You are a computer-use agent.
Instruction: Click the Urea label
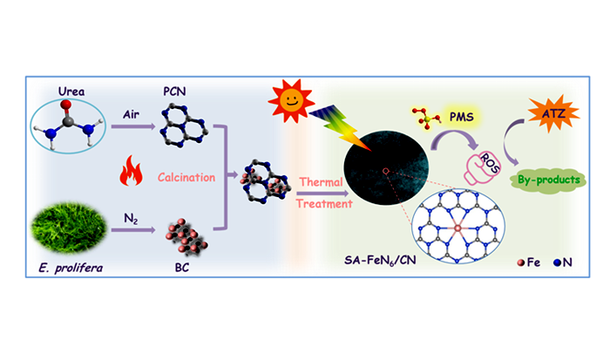pos(71,92)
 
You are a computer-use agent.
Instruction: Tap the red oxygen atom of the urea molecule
pos(66,104)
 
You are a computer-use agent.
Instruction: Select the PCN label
pos(174,92)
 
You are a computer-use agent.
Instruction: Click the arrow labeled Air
pos(133,126)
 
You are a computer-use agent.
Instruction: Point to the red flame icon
pos(131,171)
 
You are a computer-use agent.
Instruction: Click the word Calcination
pos(186,178)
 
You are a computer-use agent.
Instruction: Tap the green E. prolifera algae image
pos(69,228)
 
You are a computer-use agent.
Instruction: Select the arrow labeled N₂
pos(133,230)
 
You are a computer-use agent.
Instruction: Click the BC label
pos(182,268)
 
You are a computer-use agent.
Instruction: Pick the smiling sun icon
pos(291,100)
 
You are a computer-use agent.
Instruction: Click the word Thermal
pos(321,182)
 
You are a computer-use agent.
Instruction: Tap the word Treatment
pos(324,204)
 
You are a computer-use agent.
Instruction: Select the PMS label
pos(462,117)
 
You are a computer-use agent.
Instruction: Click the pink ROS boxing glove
pos(483,167)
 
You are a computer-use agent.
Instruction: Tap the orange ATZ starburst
pos(552,113)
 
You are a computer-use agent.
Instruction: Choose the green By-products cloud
pos(548,180)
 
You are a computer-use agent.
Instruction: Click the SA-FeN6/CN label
pos(380,260)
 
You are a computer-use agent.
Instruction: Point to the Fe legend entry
pos(529,262)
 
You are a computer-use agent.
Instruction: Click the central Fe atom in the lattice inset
pos(457,228)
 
